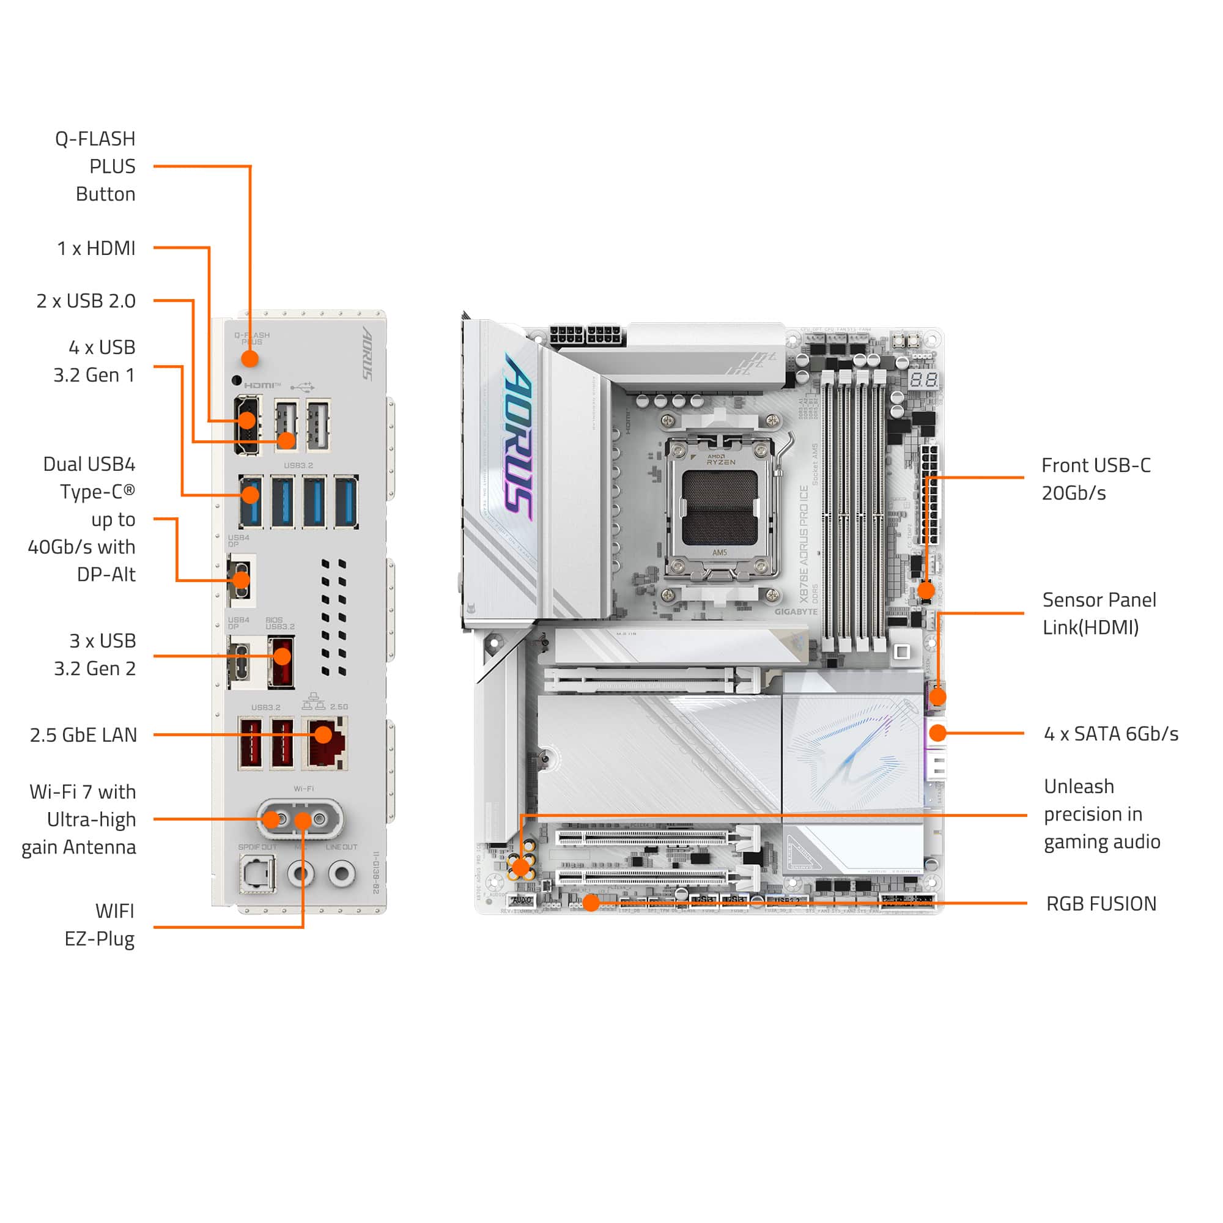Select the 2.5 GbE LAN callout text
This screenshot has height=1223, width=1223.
coord(83,735)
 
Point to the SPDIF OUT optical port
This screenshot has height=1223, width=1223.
coord(257,874)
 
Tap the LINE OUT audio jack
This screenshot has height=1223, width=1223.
coord(342,874)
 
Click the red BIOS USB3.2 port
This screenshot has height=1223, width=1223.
coord(281,662)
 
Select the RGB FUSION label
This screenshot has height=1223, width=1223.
coord(1101,904)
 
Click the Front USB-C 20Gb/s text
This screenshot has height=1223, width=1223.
coord(1096,479)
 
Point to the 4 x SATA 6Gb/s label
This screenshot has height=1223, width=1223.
coord(1111,734)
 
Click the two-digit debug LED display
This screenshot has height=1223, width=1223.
coord(923,380)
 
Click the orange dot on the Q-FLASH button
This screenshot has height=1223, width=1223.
coord(250,359)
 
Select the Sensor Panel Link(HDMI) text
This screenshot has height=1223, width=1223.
coord(1099,613)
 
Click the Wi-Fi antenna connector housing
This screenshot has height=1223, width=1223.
coord(300,819)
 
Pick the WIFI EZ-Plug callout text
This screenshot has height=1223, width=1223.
coord(100,925)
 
